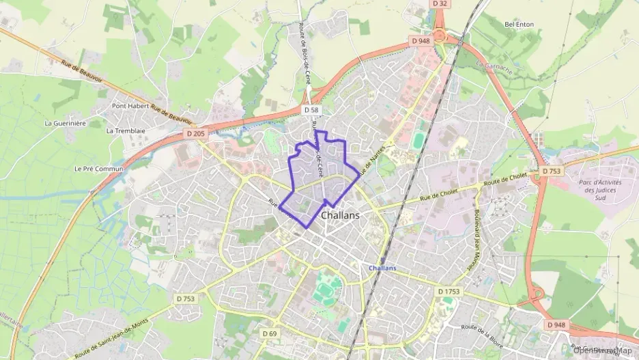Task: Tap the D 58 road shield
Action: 311,109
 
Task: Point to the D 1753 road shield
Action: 448,292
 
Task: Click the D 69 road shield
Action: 270,333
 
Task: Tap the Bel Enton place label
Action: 519,25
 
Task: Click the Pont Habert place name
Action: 130,107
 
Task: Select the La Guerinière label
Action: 65,123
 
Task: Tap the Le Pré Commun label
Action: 98,169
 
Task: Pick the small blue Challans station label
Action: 382,268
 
